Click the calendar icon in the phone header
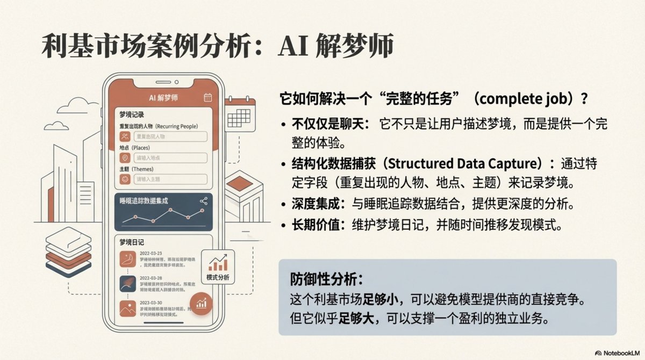click(207, 97)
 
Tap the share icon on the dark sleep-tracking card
click(203, 201)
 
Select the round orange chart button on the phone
click(202, 304)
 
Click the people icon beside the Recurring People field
click(125, 136)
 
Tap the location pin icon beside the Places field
click(125, 158)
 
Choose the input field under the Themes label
click(170, 179)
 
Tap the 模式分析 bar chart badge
click(217, 267)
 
